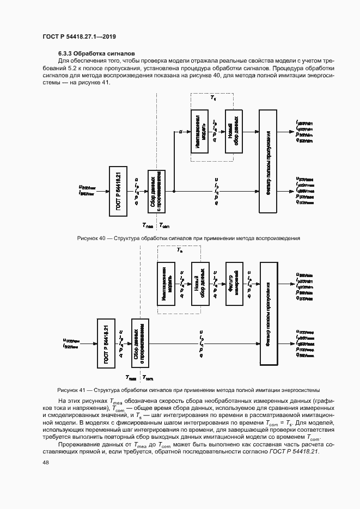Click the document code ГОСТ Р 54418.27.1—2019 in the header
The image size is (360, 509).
click(x=79, y=36)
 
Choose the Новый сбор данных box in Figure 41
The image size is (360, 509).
click(x=199, y=284)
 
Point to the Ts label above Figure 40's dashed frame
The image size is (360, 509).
click(x=213, y=97)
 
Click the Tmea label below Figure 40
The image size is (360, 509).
click(x=148, y=225)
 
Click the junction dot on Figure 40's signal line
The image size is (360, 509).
click(x=174, y=191)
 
